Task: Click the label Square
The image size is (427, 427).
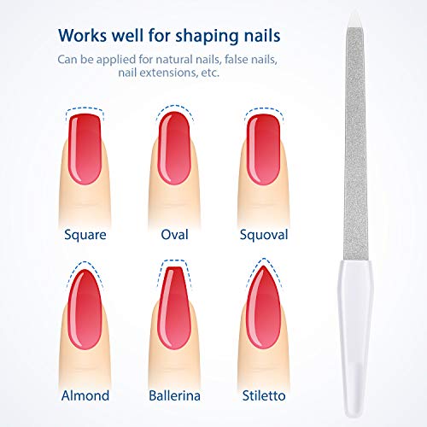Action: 85,233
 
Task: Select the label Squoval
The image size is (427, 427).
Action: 265,233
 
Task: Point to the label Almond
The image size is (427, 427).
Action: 85,395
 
